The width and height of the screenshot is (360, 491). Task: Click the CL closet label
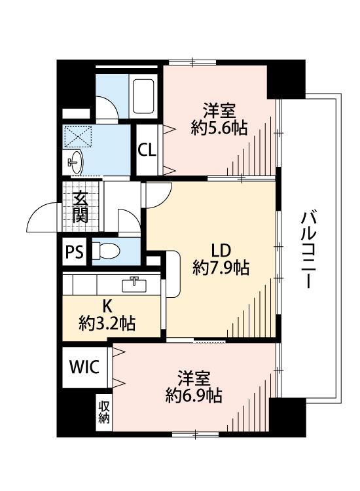pyautogui.click(x=147, y=151)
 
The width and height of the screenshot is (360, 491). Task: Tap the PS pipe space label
pyautogui.click(x=75, y=251)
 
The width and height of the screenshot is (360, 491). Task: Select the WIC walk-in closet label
pyautogui.click(x=84, y=367)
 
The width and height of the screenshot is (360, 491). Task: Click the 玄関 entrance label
pyautogui.click(x=81, y=206)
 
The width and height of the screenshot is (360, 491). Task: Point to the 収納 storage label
pyautogui.click(x=104, y=412)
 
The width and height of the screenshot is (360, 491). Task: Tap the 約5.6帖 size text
pyautogui.click(x=219, y=128)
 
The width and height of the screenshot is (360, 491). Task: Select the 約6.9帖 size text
pyautogui.click(x=194, y=395)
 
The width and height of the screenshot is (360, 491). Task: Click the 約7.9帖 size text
pyautogui.click(x=221, y=268)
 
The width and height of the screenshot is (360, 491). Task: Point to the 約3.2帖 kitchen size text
pyautogui.click(x=107, y=323)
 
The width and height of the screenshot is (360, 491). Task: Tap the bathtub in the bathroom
pyautogui.click(x=143, y=96)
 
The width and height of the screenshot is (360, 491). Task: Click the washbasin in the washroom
pyautogui.click(x=75, y=162)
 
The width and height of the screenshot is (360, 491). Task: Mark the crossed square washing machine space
pyautogui.click(x=77, y=137)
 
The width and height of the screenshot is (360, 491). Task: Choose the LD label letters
pyautogui.click(x=221, y=250)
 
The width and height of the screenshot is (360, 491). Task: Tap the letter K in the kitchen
pyautogui.click(x=107, y=306)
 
